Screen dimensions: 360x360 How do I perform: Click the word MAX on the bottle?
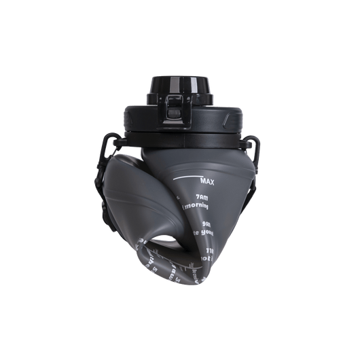point(209,181)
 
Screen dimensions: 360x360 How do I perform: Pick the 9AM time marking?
point(206,221)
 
